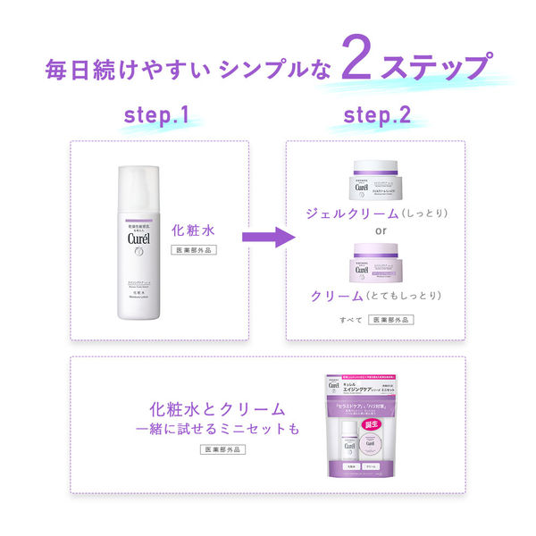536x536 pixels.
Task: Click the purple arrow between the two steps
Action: [x=269, y=238]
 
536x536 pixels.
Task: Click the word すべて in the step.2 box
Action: [x=350, y=319]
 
